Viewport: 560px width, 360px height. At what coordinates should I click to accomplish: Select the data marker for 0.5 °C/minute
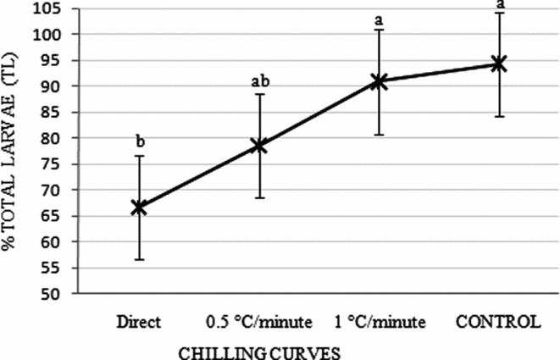click(258, 145)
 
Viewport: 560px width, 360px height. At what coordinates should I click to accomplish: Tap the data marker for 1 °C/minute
click(379, 81)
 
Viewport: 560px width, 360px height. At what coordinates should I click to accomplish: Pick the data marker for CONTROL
click(498, 64)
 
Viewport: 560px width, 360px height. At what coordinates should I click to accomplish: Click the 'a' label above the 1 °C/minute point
click(379, 18)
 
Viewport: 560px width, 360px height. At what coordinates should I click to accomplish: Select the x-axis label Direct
click(139, 322)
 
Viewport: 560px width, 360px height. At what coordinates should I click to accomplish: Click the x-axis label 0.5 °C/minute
click(258, 322)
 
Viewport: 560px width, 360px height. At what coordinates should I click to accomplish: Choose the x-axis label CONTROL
click(498, 322)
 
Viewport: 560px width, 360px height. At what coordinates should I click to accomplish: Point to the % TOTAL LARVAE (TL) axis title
click(12, 155)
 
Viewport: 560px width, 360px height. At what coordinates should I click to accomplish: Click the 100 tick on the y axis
click(57, 35)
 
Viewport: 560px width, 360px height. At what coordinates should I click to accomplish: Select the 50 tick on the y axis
click(61, 294)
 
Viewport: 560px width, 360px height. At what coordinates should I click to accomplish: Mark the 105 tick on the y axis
click(57, 8)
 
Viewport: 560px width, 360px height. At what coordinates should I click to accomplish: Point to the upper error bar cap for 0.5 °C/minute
click(258, 94)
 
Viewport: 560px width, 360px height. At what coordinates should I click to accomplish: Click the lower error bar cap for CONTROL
click(498, 116)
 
